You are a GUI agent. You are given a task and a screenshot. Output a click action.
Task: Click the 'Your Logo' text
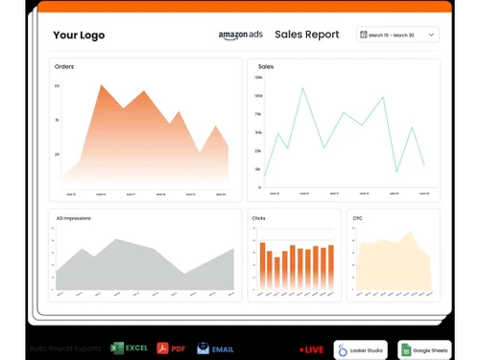(79, 36)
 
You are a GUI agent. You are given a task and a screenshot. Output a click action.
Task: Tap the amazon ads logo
(240, 36)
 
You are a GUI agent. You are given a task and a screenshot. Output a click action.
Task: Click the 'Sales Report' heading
(306, 35)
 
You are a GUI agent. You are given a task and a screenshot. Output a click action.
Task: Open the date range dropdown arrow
(432, 35)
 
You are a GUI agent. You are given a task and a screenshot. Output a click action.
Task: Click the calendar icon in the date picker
(363, 35)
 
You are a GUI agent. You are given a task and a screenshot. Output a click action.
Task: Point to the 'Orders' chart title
(64, 66)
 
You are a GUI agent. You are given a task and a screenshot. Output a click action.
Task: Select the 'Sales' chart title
(266, 67)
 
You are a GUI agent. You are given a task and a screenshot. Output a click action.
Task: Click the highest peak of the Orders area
(100, 84)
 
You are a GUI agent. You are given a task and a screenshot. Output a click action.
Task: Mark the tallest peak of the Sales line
(301, 88)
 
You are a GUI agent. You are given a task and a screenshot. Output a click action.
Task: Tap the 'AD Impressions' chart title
(74, 219)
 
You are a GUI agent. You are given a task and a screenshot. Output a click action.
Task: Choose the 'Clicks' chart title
(259, 219)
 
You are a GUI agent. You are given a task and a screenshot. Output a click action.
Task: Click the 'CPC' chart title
(357, 219)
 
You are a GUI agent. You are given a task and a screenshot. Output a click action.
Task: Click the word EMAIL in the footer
(224, 348)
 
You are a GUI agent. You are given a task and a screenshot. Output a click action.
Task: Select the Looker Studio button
(360, 348)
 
